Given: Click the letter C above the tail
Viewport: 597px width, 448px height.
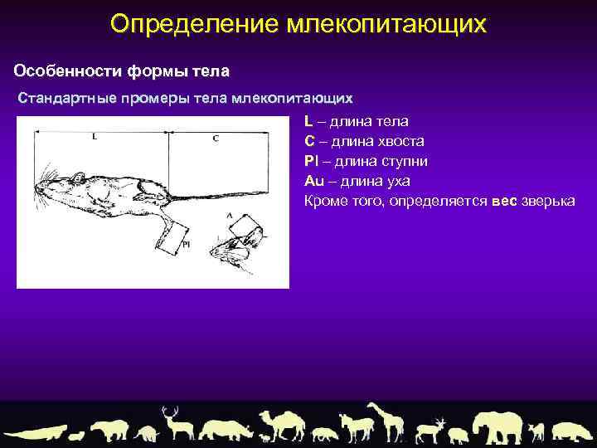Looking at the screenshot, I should point(216,139).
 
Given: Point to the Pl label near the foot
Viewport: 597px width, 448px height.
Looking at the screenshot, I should point(187,244).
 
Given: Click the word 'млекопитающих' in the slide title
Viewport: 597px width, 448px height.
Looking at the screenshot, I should point(386,24).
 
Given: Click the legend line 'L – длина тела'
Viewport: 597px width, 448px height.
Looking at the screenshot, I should point(356,121).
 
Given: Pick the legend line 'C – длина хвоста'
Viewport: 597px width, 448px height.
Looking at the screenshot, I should point(364,141).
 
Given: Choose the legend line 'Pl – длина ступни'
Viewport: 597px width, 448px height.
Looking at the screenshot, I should point(366,161).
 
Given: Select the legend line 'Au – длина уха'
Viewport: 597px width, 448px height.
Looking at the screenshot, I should point(357,181).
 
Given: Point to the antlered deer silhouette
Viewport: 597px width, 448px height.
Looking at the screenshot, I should point(177,423).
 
